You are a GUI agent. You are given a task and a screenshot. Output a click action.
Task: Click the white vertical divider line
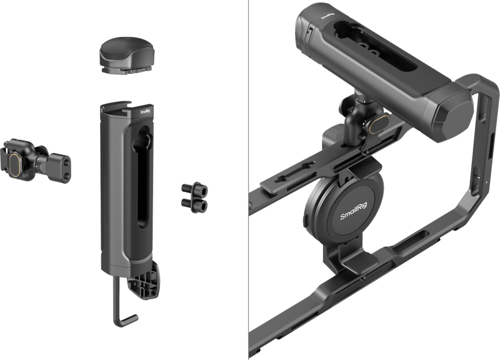click(248, 180)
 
